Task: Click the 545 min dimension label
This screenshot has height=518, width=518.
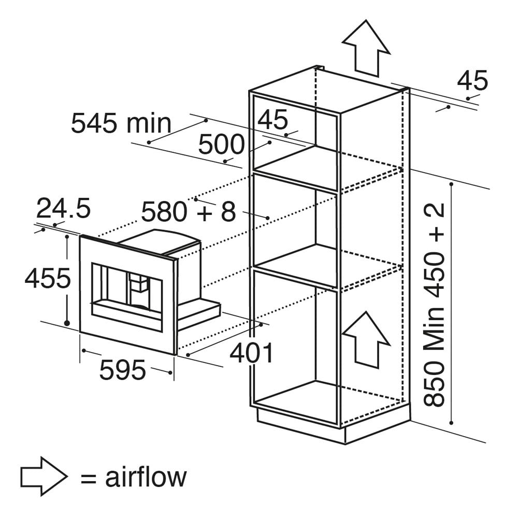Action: (121, 124)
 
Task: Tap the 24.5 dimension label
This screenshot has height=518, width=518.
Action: (63, 208)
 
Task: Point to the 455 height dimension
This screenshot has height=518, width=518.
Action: (48, 278)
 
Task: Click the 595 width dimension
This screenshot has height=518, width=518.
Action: (123, 370)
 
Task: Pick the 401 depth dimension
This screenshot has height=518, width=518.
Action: (252, 353)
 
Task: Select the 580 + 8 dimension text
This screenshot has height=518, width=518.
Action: (189, 211)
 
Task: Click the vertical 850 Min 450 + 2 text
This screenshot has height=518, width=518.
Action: (434, 305)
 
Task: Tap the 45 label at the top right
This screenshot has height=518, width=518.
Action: (472, 80)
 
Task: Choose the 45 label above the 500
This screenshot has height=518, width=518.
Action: (272, 120)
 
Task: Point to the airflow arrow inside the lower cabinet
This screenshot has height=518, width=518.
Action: (366, 339)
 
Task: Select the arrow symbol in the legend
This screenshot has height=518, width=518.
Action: (44, 476)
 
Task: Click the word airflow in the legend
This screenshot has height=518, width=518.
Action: (146, 477)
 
